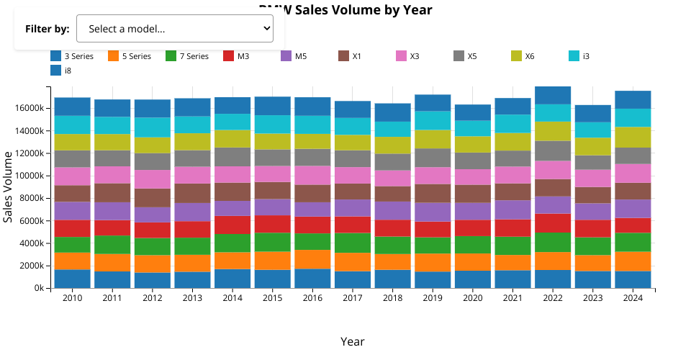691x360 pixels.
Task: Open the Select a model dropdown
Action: coord(174,29)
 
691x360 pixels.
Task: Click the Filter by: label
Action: coord(47,29)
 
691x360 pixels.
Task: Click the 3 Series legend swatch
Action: coord(55,56)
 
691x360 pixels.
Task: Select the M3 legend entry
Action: coord(235,56)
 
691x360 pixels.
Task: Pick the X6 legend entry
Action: coord(523,56)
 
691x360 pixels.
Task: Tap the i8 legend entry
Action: coord(62,71)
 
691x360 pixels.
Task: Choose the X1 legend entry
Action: coord(351,56)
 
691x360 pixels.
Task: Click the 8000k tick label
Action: coord(34,198)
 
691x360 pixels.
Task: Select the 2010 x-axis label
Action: coord(72,298)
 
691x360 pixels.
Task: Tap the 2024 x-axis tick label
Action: coord(633,298)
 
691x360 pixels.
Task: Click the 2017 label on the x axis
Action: coord(353,298)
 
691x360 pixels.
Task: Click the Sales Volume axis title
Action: coord(9,187)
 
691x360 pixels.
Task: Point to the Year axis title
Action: coord(353,341)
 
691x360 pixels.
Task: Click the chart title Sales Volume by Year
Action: coord(345,9)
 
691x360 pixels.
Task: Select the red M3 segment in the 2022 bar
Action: coord(553,223)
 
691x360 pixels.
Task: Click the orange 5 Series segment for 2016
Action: coord(312,259)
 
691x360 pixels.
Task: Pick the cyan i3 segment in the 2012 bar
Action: coord(153,127)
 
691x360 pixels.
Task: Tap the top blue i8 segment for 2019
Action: coord(433,102)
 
